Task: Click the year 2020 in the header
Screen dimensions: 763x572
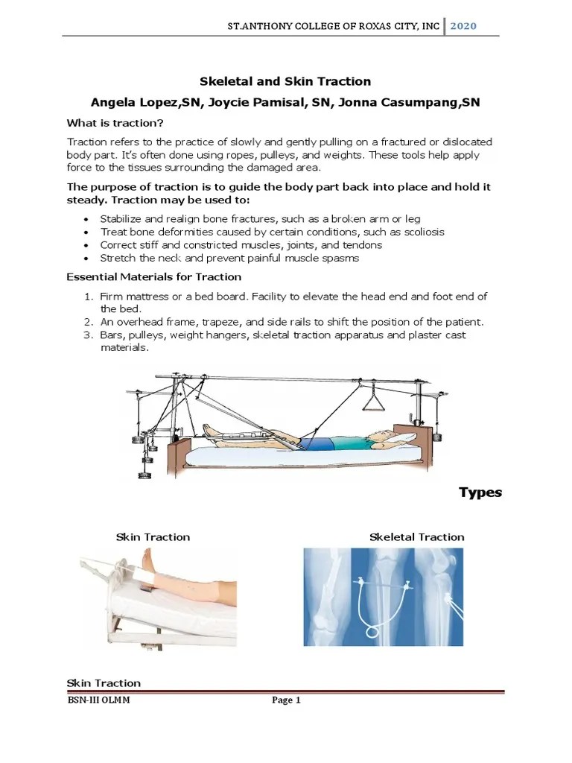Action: tap(463, 26)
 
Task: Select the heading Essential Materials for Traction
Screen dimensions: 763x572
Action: tap(154, 276)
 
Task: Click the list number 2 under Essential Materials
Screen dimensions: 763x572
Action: tap(87, 322)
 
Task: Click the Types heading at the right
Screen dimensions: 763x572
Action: tap(480, 493)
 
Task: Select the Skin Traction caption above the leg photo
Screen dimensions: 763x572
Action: tap(153, 536)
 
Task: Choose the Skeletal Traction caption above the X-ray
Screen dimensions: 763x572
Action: tap(416, 536)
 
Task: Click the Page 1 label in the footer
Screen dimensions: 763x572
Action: tap(285, 700)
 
